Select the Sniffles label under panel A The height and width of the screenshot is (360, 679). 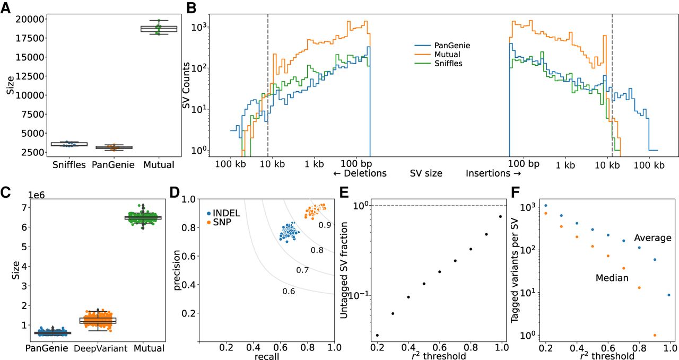click(x=69, y=164)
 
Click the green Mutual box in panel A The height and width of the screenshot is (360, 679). click(x=159, y=28)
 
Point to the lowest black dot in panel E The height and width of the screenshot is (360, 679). click(x=377, y=335)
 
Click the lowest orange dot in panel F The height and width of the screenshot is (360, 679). click(x=655, y=335)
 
